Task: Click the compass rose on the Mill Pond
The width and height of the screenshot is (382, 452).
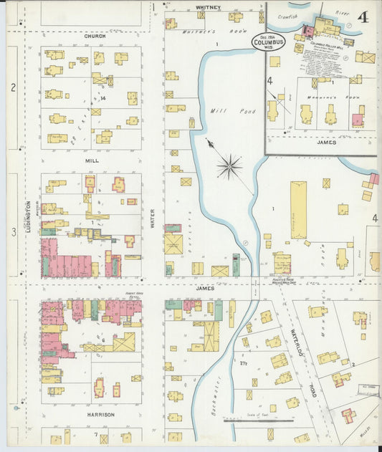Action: pyautogui.click(x=229, y=168)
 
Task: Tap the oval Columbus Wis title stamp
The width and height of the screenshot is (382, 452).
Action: pyautogui.click(x=268, y=42)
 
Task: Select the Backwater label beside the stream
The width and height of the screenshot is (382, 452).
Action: pyautogui.click(x=216, y=391)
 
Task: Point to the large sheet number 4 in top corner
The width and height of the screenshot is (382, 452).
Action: pyautogui.click(x=363, y=16)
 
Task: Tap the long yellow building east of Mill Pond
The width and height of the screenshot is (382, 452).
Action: pyautogui.click(x=298, y=209)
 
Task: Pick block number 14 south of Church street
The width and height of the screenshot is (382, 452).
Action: pyautogui.click(x=103, y=97)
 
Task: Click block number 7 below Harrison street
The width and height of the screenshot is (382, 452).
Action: pyautogui.click(x=95, y=434)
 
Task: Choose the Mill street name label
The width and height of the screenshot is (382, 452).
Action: pyautogui.click(x=91, y=161)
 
